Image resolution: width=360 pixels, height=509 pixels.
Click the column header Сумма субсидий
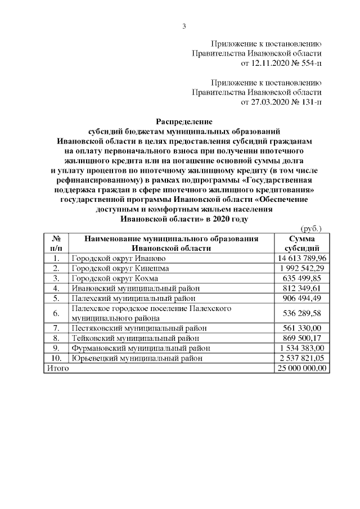click(302, 243)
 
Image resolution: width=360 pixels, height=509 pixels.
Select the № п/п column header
click(56, 243)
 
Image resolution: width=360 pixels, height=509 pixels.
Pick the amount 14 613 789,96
click(302, 258)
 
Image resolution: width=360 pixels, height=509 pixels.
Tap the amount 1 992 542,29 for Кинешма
click(302, 268)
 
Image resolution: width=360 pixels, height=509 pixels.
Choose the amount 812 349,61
click(302, 289)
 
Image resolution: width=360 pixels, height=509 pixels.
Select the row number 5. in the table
click(56, 299)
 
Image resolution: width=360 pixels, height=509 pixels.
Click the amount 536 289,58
click(302, 313)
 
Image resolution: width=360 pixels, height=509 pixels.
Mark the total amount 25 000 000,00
click(302, 368)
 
